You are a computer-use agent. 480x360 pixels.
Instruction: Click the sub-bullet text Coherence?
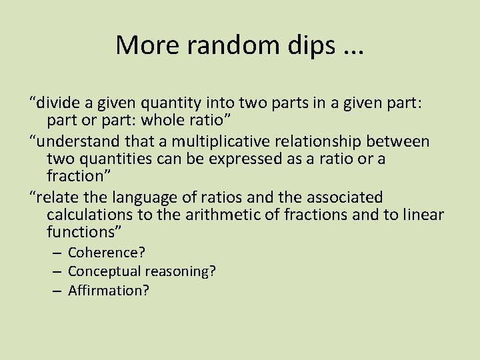(107, 253)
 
